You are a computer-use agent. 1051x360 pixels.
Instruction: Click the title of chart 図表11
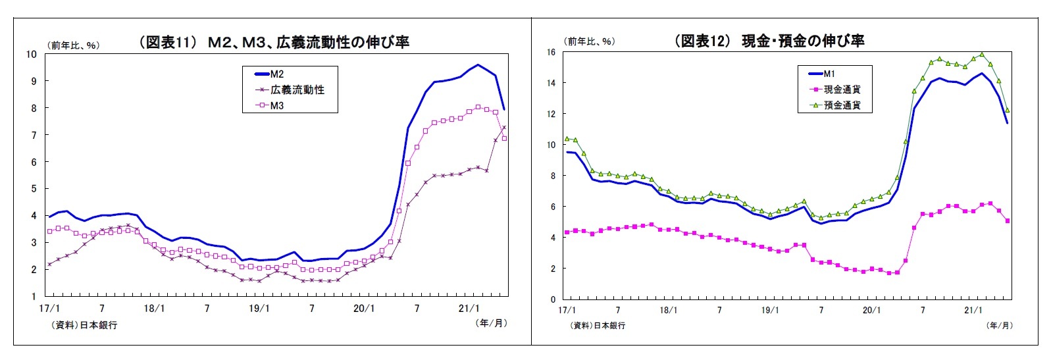(x=273, y=43)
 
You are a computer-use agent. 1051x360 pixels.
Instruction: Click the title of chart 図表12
(x=769, y=41)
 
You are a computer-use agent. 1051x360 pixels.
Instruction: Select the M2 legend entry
(x=277, y=74)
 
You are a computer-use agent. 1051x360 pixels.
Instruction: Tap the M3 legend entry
(x=277, y=105)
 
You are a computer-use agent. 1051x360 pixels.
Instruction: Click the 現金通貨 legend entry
(x=842, y=89)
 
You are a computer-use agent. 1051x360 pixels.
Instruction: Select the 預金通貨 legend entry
(x=842, y=105)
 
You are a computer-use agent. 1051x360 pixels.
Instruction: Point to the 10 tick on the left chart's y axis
(x=31, y=54)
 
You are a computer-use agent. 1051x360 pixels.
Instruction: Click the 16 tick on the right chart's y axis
(x=551, y=52)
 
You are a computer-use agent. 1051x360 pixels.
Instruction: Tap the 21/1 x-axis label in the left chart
(x=469, y=308)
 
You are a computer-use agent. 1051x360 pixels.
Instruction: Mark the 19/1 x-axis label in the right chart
(x=770, y=310)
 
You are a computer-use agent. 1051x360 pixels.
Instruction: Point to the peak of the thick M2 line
(x=478, y=64)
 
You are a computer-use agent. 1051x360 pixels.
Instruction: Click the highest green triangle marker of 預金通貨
(x=982, y=55)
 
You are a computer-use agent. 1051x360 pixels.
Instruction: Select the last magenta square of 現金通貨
(x=1008, y=221)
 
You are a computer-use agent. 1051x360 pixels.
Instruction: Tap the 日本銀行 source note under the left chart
(x=84, y=325)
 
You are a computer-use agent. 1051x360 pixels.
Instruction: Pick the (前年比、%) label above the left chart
(x=73, y=45)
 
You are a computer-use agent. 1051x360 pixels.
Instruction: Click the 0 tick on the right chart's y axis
(x=553, y=299)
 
